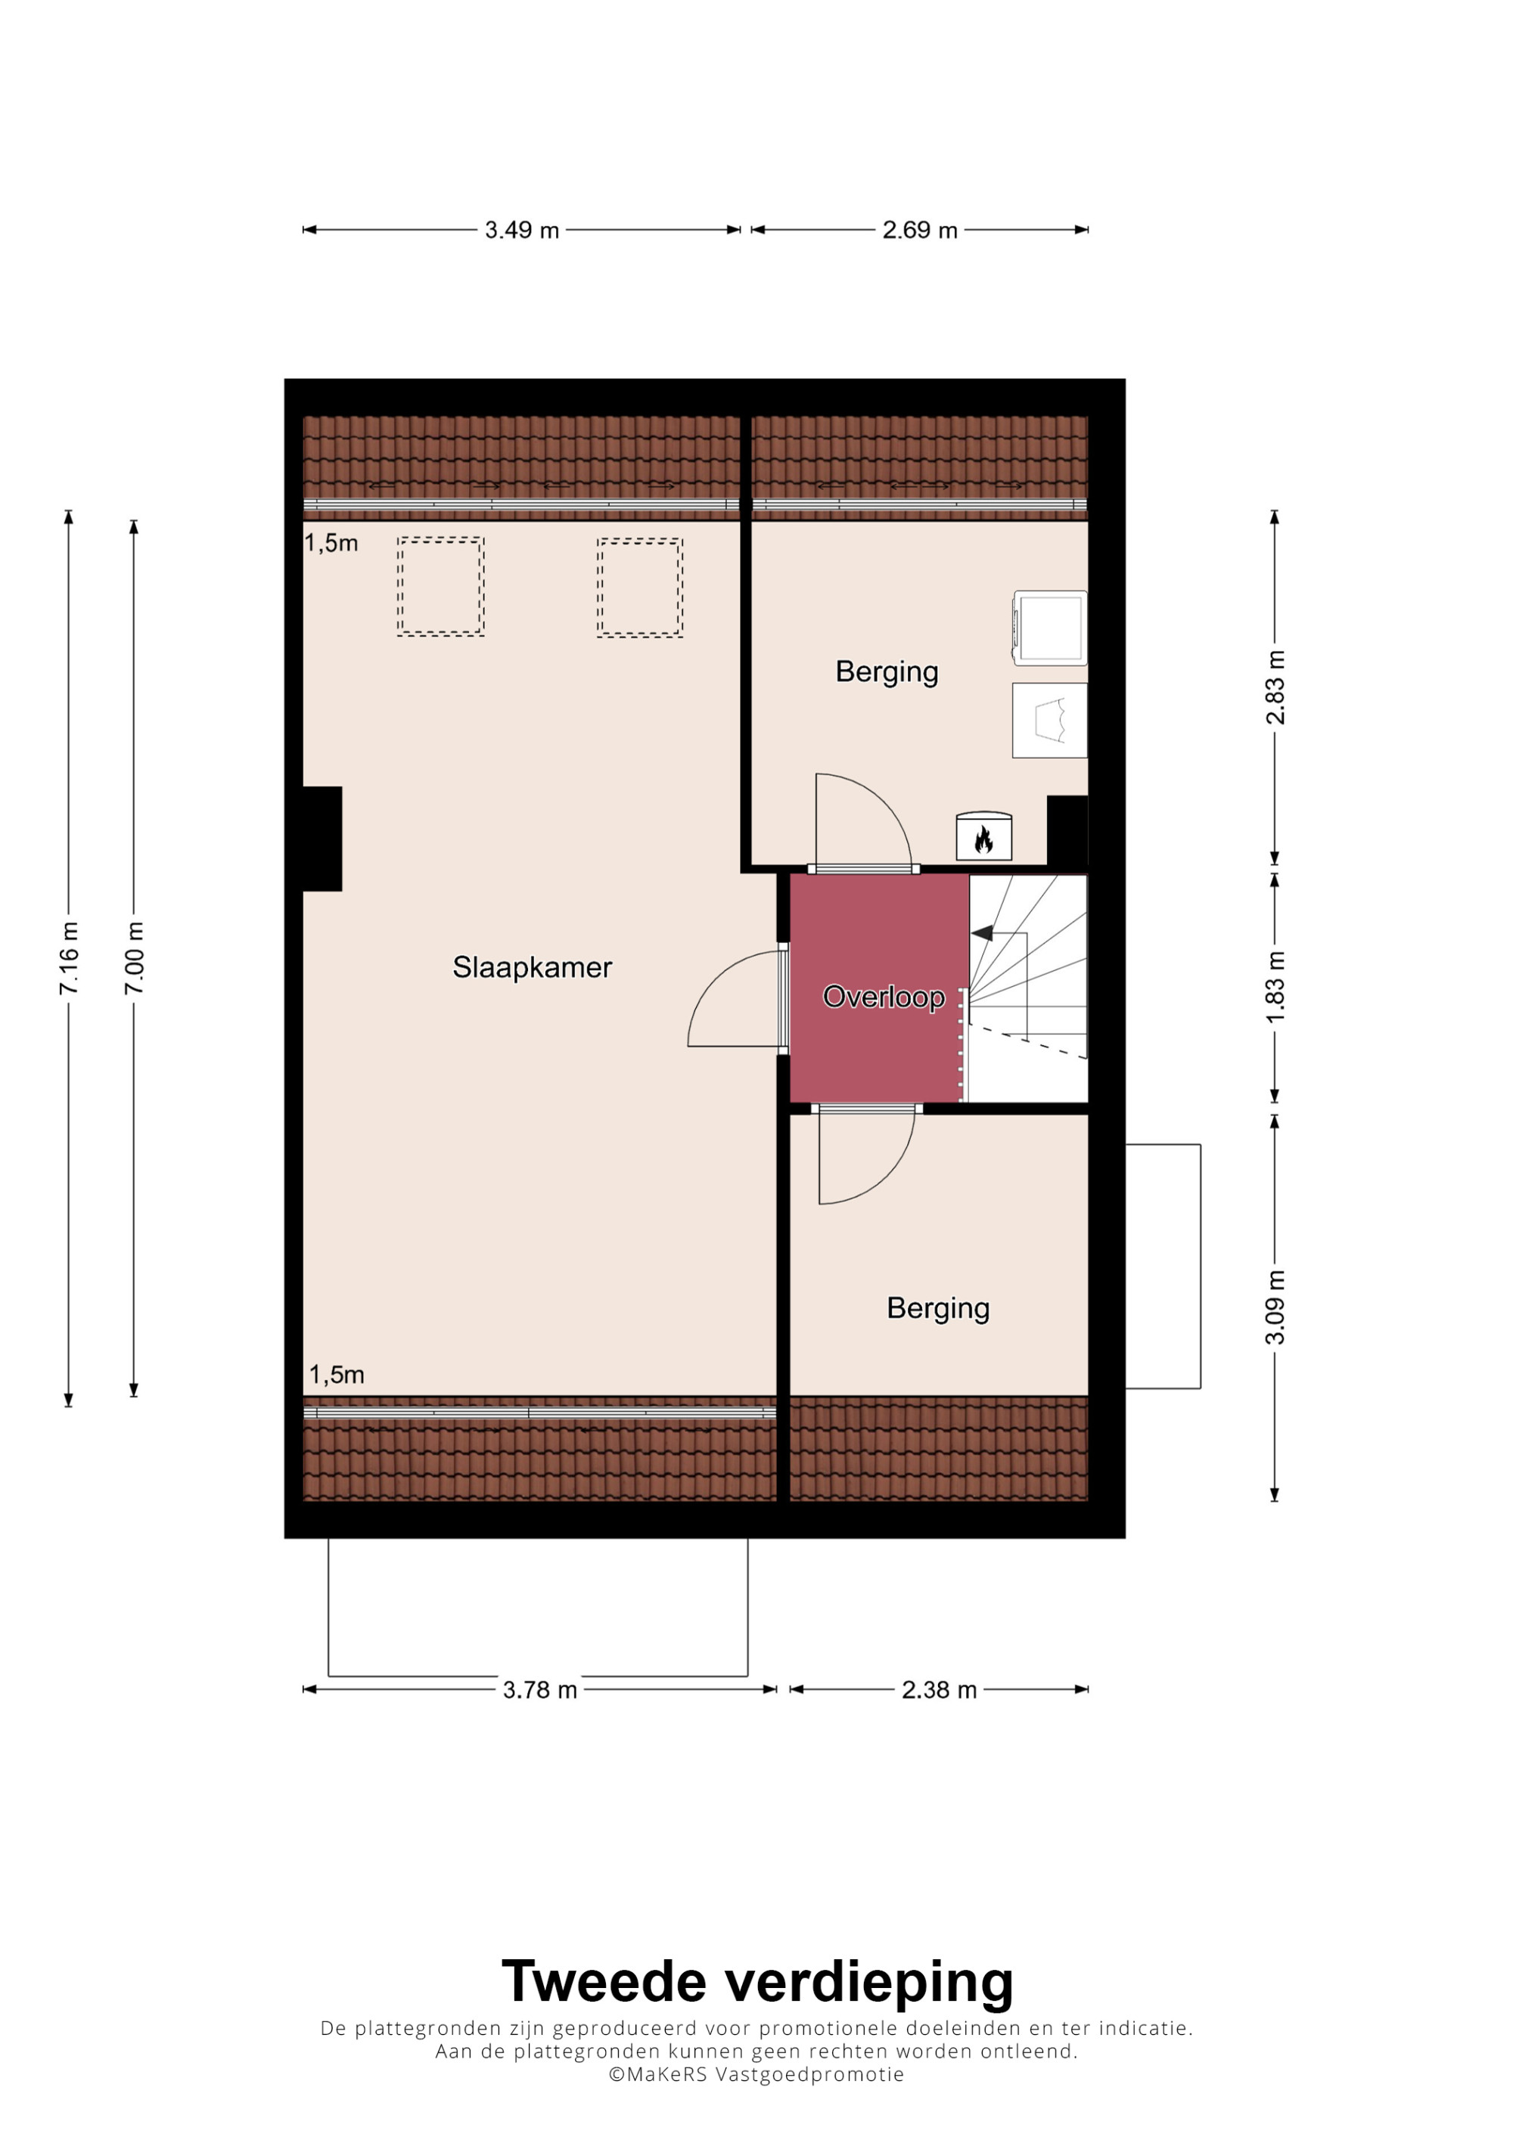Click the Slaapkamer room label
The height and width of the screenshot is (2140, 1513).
click(x=533, y=969)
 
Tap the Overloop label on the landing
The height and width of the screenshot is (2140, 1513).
click(x=884, y=997)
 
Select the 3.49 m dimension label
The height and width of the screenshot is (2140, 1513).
click(x=521, y=230)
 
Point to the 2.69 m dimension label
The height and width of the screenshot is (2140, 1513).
click(x=920, y=230)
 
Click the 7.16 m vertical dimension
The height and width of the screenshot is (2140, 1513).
click(x=69, y=958)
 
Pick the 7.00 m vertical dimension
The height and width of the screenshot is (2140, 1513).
click(x=134, y=958)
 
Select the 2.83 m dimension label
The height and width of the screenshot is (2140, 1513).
click(x=1275, y=687)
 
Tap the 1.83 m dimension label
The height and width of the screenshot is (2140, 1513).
click(x=1275, y=987)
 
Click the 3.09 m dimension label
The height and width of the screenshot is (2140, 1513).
click(x=1275, y=1307)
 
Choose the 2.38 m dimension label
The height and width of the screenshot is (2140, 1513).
click(x=939, y=1690)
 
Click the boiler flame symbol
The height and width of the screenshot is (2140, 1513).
click(x=983, y=841)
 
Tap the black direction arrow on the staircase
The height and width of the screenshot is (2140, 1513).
click(x=982, y=933)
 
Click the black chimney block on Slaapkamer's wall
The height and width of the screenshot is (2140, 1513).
click(x=322, y=839)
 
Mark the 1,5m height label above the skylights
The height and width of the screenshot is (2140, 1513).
click(x=332, y=544)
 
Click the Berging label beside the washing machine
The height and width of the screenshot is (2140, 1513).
click(x=887, y=672)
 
